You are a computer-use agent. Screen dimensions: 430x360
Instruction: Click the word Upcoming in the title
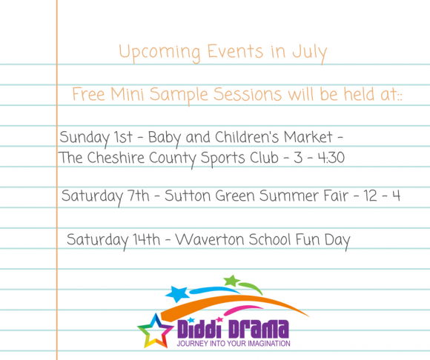(159, 53)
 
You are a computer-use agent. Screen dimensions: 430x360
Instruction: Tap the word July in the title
(310, 53)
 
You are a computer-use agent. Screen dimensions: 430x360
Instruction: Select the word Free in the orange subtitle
(88, 94)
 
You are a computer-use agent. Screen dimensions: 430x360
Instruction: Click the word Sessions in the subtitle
(248, 94)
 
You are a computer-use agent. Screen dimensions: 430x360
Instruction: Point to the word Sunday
(85, 138)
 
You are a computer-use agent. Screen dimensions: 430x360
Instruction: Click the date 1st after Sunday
(123, 137)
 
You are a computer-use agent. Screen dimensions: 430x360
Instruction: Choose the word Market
(308, 137)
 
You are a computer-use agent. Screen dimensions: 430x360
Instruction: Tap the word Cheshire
(116, 158)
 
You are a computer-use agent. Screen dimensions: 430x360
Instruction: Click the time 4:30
(331, 158)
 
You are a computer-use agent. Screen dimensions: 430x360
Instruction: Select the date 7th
(139, 196)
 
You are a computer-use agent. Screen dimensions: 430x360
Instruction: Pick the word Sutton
(188, 196)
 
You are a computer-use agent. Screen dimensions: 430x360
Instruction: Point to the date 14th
(147, 239)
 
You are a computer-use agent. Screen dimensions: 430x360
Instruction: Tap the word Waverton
(210, 239)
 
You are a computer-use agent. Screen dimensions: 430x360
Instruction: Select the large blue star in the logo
(177, 294)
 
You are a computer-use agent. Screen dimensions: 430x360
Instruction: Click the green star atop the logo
(232, 281)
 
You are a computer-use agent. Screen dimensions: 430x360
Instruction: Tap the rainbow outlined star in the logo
(155, 331)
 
